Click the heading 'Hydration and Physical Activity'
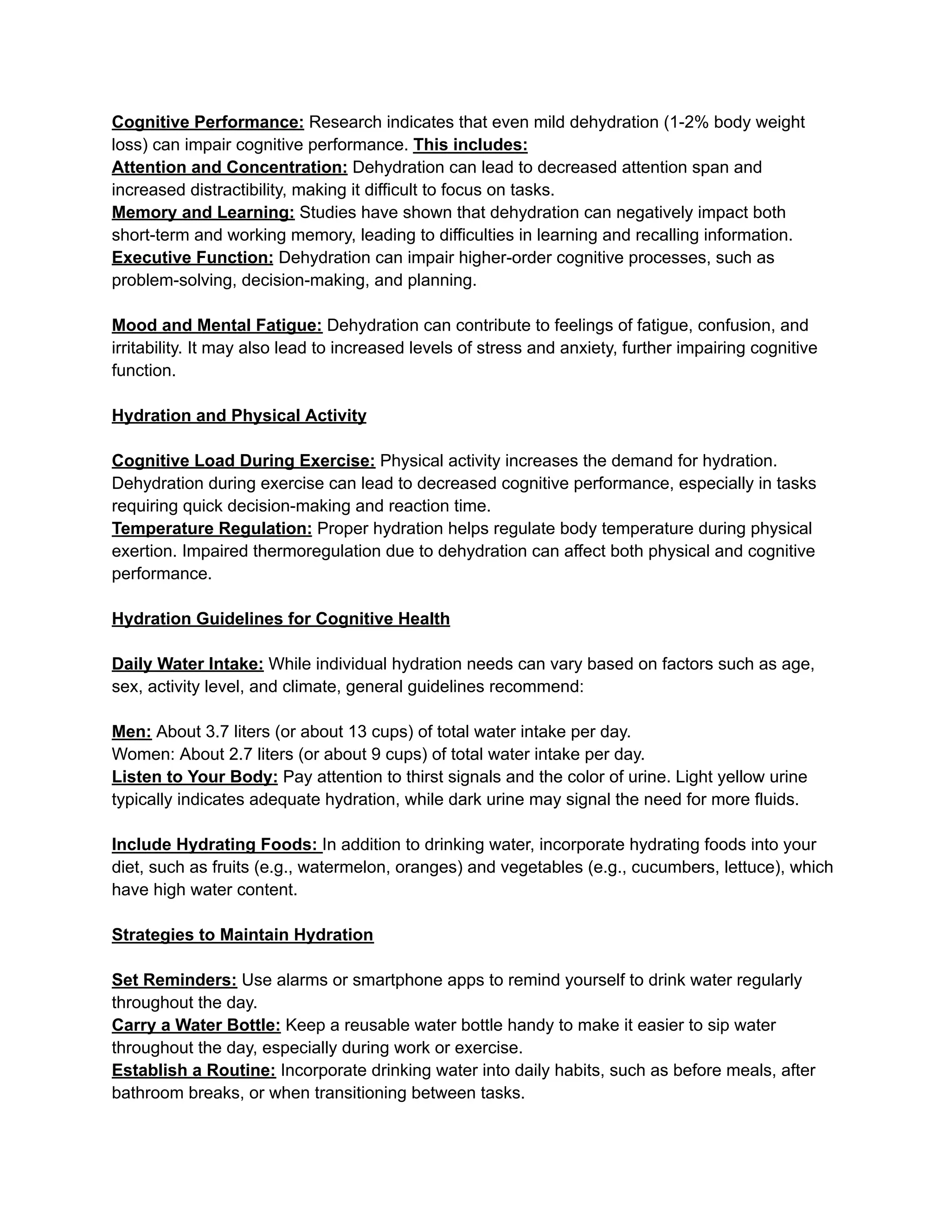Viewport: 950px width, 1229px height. [x=238, y=416]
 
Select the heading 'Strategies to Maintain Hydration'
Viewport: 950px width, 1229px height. [x=243, y=935]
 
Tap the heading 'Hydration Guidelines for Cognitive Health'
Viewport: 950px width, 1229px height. [x=281, y=619]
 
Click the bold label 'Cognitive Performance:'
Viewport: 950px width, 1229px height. [x=208, y=122]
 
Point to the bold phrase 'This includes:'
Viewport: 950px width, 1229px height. [x=470, y=145]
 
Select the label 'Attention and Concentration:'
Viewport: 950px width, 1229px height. [x=230, y=168]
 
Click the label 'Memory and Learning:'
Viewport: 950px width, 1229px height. [x=203, y=213]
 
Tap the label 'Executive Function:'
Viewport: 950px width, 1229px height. [x=193, y=258]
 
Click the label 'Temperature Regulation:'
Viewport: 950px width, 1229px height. [x=212, y=529]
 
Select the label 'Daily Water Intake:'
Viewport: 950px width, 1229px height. [x=187, y=664]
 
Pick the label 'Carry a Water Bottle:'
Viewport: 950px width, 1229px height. [x=196, y=1025]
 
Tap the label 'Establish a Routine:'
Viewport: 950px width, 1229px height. [x=193, y=1070]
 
